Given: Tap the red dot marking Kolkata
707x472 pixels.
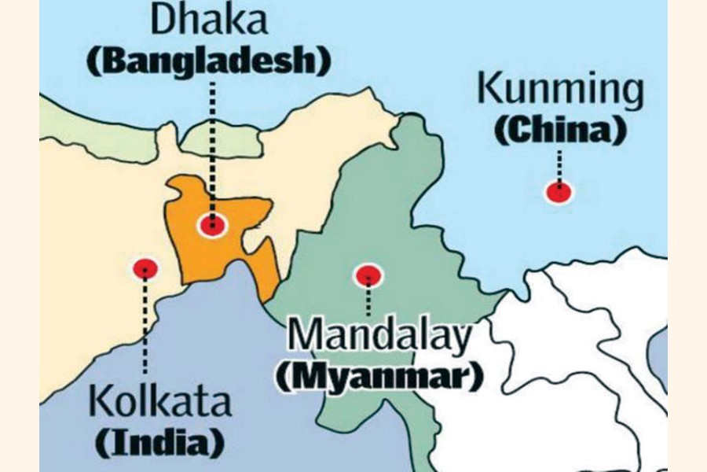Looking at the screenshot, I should [145, 269].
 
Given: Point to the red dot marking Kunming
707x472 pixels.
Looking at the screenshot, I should [559, 191].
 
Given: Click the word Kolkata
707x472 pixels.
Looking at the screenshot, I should [162, 400].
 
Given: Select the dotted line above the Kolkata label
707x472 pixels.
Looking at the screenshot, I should [145, 330].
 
